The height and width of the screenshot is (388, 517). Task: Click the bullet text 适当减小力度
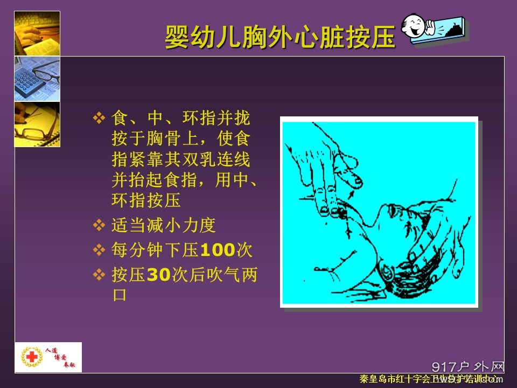tap(163, 225)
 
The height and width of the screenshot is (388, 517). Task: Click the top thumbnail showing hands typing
tap(37, 33)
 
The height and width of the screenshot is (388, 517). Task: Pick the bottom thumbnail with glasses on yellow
tap(37, 124)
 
